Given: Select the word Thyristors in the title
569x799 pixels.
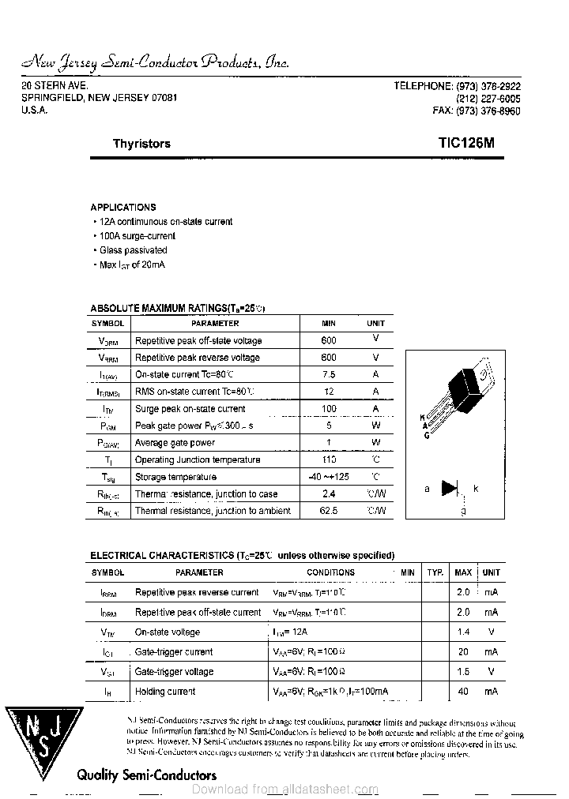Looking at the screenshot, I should (x=141, y=144).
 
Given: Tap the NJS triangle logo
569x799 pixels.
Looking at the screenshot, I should (x=44, y=738).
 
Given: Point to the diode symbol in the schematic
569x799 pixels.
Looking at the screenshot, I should (x=450, y=489).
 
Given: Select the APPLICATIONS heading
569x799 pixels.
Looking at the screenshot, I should (x=123, y=207).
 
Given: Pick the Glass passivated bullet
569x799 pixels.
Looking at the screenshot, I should (x=133, y=250).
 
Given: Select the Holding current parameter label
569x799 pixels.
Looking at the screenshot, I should (x=165, y=692).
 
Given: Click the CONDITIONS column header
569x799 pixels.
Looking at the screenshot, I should (x=330, y=572).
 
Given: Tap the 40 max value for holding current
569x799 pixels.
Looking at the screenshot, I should (x=463, y=692).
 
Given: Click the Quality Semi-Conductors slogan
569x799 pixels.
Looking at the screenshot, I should (x=146, y=775).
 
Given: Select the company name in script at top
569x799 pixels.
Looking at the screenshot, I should (x=156, y=63).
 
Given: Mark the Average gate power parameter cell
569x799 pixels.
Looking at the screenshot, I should (x=175, y=443).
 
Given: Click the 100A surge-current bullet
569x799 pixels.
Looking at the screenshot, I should (x=135, y=236).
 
